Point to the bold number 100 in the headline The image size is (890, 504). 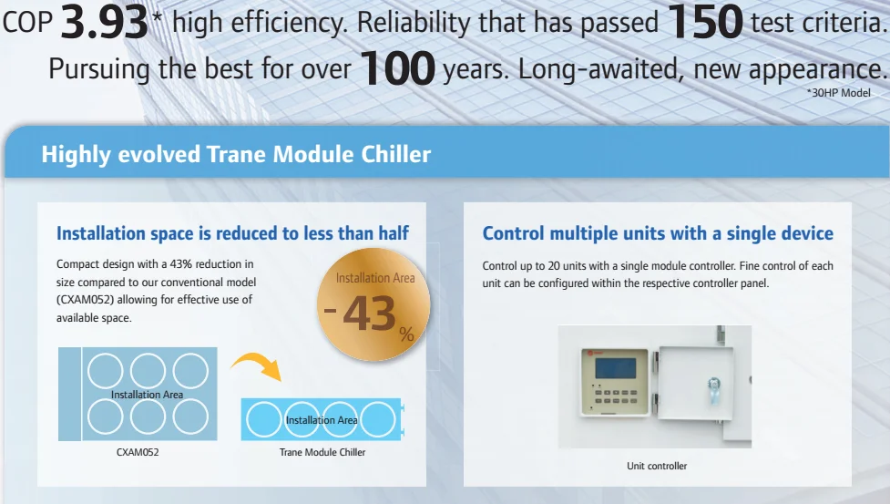click(397, 69)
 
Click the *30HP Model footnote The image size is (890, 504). click(839, 93)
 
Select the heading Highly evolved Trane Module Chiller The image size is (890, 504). click(236, 154)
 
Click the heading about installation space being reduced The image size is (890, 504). click(232, 233)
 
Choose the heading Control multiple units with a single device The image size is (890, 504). click(658, 233)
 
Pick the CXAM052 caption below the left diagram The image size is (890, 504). click(138, 451)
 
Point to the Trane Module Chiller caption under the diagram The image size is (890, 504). click(322, 451)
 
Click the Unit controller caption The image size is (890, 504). click(657, 466)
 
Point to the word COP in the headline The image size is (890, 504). click(26, 24)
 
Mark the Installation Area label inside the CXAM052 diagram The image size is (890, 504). click(147, 395)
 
